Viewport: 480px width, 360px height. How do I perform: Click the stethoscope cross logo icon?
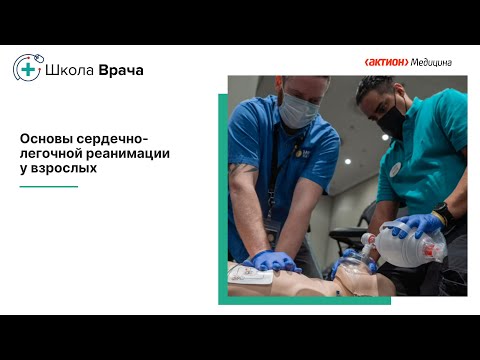(x=27, y=69)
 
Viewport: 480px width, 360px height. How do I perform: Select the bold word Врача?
(x=121, y=70)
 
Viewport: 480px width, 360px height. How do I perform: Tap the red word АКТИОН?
(x=387, y=62)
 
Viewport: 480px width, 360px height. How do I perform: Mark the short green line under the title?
(x=49, y=186)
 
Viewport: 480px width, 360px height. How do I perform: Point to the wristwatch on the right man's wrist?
(x=443, y=213)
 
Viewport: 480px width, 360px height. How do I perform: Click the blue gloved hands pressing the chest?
(x=272, y=262)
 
